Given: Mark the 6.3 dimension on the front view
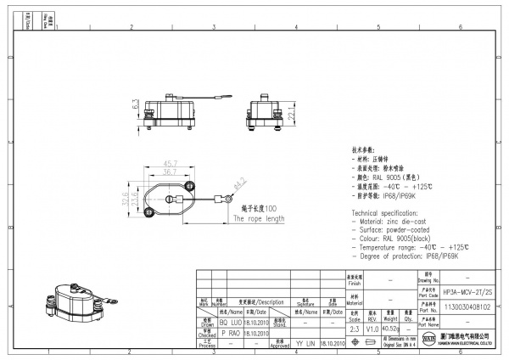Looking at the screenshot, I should tap(135, 106).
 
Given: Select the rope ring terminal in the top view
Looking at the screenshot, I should tap(227, 200).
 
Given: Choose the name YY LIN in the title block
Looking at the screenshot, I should tap(305, 344).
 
